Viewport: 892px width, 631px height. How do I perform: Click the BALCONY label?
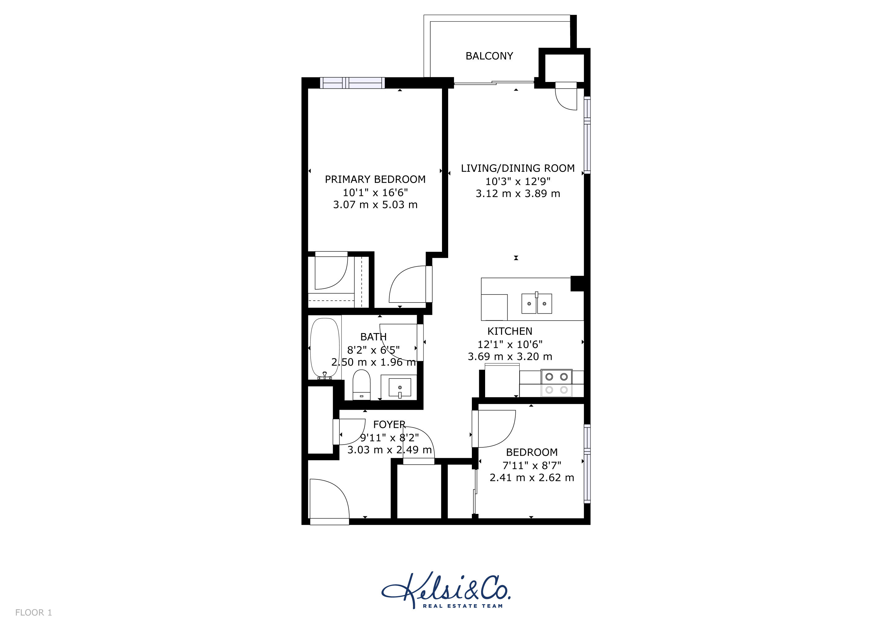pos(489,56)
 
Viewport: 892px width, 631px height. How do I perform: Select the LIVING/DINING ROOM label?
pos(517,168)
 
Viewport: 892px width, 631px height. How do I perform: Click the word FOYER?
pos(389,424)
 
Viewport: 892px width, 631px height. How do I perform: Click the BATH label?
pos(373,336)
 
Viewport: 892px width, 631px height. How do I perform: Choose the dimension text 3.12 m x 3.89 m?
pos(518,193)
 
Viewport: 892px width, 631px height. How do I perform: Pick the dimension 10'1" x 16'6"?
pos(375,192)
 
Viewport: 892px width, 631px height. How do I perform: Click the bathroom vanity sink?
pos(400,387)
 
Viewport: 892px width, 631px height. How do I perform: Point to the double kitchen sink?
pos(537,303)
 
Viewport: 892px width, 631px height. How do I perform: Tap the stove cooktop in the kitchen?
pos(556,383)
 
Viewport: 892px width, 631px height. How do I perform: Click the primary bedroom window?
pos(352,83)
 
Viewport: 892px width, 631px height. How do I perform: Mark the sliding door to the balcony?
pos(494,83)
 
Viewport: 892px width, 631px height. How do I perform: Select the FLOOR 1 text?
pos(33,613)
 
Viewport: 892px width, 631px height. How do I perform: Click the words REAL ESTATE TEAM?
pos(463,606)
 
